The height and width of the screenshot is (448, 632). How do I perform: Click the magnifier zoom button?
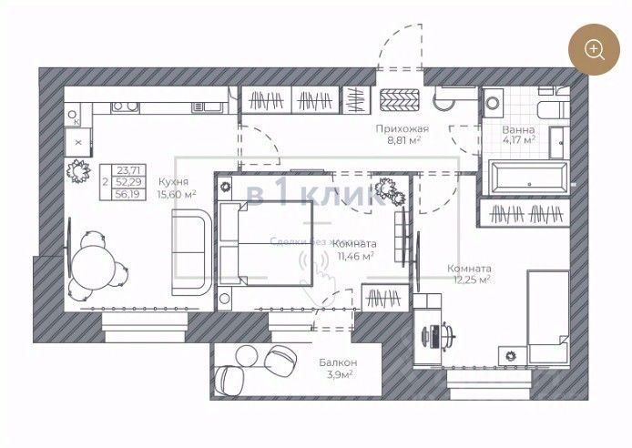(x=595, y=49)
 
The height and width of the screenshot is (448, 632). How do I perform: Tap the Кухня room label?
(x=172, y=180)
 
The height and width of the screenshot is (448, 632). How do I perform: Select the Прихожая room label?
(x=402, y=129)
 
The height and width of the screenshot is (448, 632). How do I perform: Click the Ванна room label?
(x=518, y=129)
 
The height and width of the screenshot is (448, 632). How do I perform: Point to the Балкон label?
(x=336, y=361)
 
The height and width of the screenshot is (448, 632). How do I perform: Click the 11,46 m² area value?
(x=356, y=257)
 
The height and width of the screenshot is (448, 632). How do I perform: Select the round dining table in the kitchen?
(x=95, y=266)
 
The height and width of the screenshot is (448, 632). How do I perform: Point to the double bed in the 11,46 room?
(x=264, y=243)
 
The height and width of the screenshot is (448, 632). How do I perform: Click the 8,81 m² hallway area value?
(x=402, y=141)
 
